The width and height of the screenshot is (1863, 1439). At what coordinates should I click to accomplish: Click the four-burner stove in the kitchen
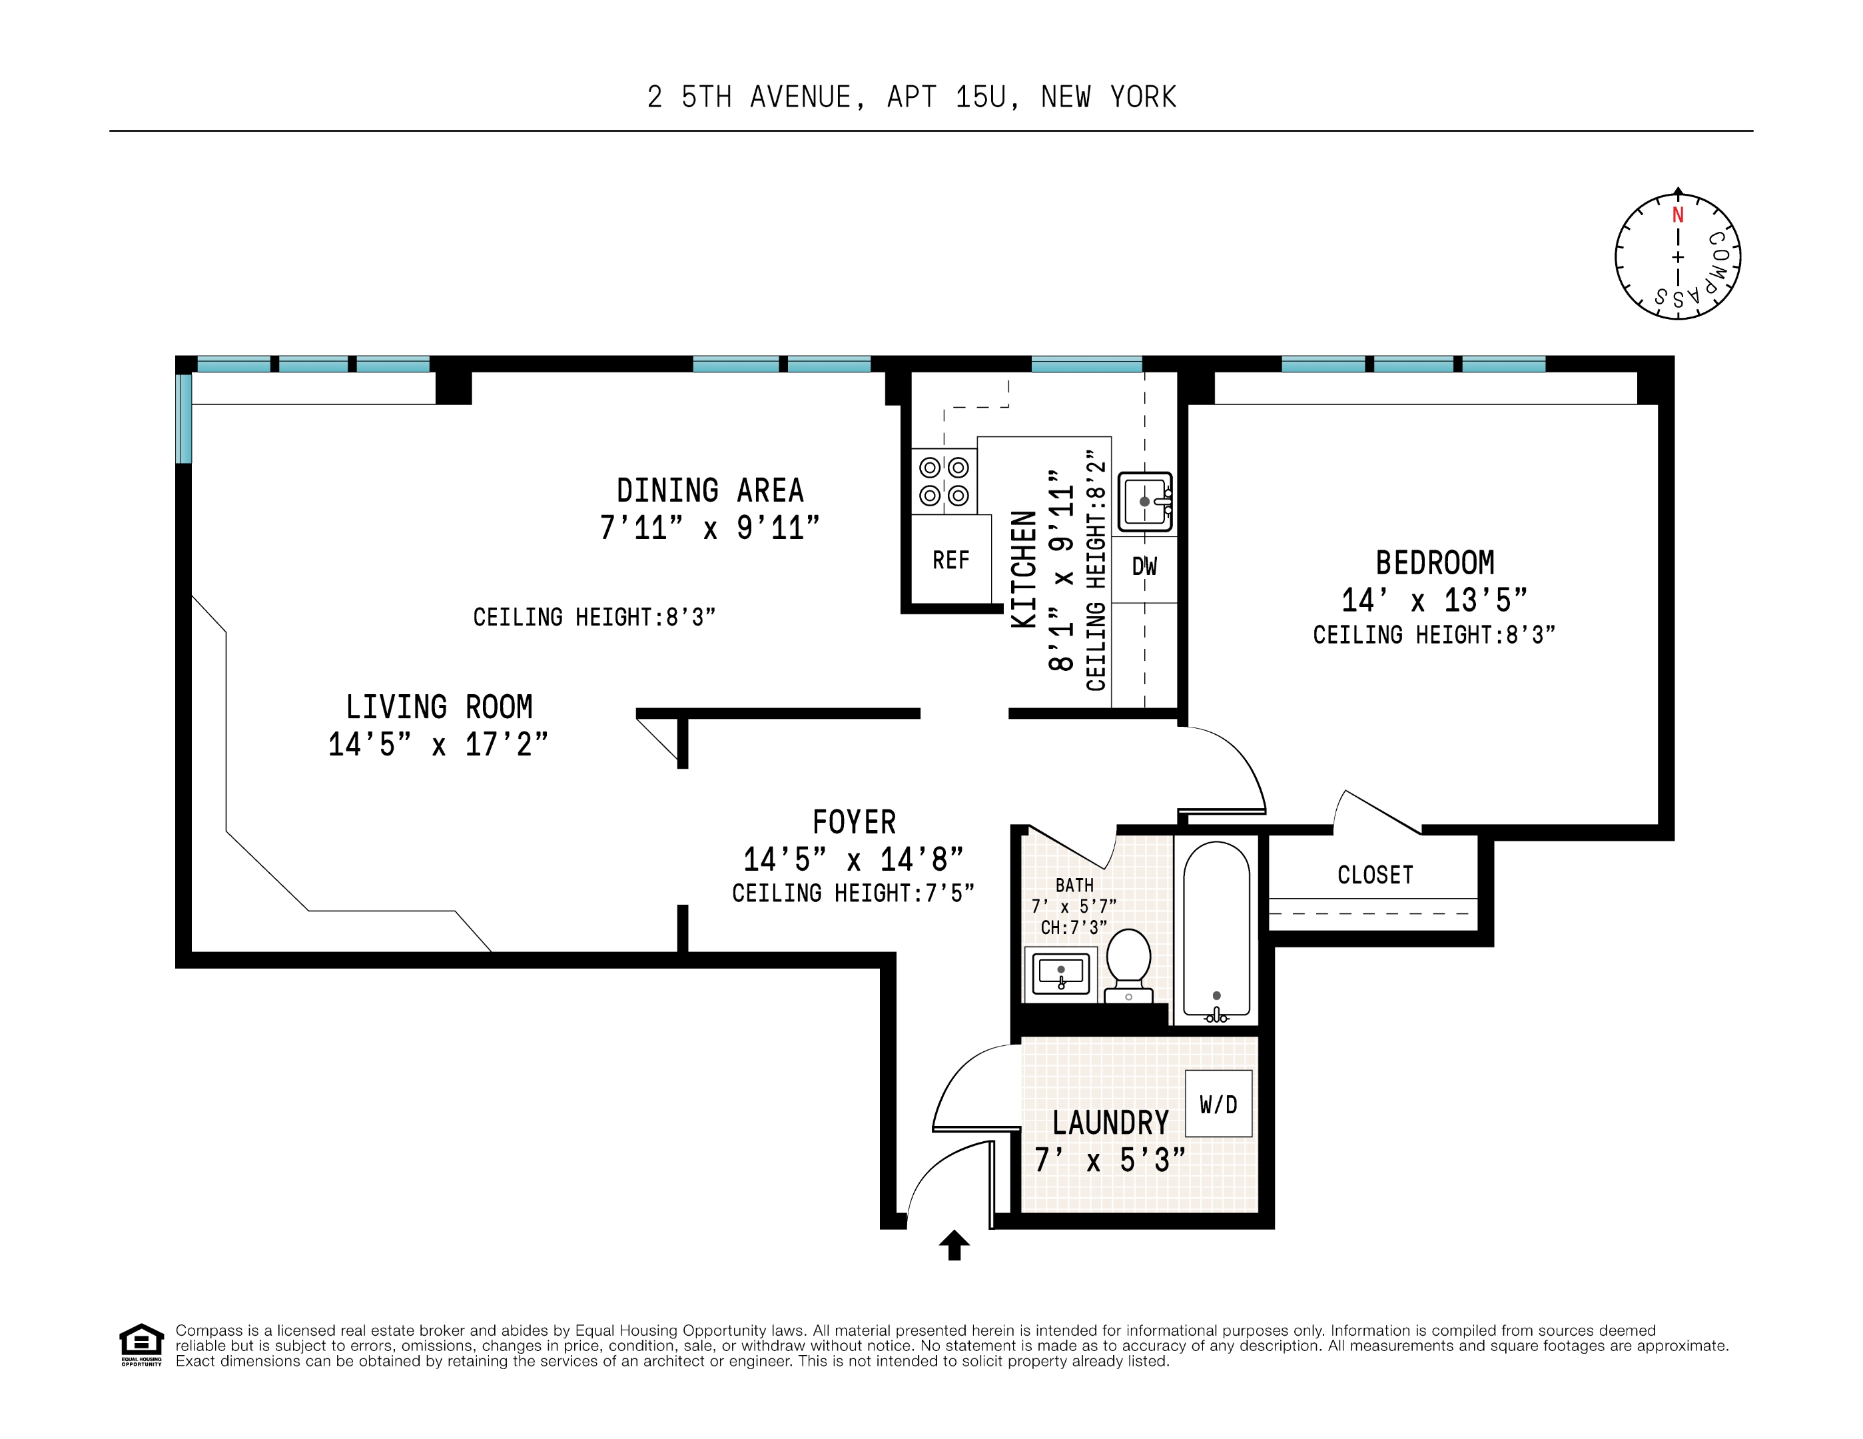pos(943,481)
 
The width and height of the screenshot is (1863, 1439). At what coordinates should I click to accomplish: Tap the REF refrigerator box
pos(950,560)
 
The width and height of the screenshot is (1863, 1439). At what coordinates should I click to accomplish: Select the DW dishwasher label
pos(1144,566)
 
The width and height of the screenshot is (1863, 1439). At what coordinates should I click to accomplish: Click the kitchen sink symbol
pos(1145,502)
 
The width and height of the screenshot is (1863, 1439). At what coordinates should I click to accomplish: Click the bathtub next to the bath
pos(1216,931)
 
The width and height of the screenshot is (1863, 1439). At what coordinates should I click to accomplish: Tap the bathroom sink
pos(1060,973)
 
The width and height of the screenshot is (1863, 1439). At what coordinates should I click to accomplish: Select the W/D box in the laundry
pos(1218,1104)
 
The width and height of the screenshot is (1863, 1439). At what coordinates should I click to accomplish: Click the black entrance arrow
pos(954,1244)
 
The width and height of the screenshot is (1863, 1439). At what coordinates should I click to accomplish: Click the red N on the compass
pos(1677,215)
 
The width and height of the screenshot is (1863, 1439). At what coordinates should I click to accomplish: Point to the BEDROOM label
pos(1435,563)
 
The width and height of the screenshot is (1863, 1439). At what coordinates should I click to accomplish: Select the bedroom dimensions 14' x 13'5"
pos(1434,600)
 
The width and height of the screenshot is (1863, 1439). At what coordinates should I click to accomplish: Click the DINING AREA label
pos(710,490)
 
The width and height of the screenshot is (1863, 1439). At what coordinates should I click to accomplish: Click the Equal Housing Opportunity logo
pos(141,1345)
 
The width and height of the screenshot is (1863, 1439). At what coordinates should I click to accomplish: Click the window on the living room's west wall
pos(183,418)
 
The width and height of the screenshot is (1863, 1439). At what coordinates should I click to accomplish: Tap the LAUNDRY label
pos(1110,1123)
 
